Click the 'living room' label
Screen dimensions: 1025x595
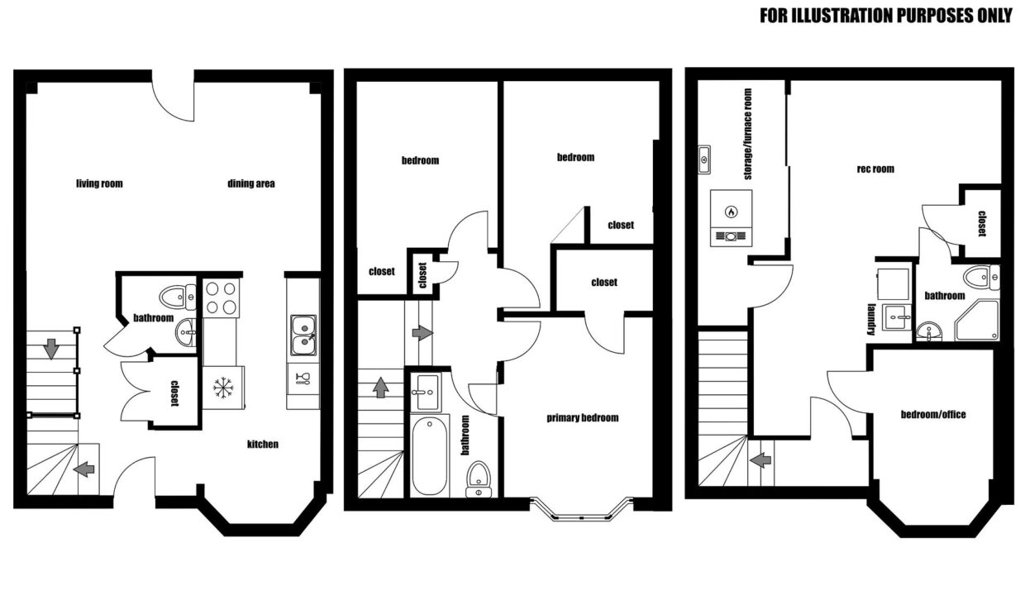pyautogui.click(x=99, y=183)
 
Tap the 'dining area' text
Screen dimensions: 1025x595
pyautogui.click(x=251, y=183)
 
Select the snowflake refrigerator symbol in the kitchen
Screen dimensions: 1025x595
pyautogui.click(x=223, y=388)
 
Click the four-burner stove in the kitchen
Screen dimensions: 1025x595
pyautogui.click(x=221, y=297)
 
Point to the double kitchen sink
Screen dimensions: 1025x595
pyautogui.click(x=303, y=336)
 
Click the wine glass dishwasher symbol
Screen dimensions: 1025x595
pyautogui.click(x=303, y=378)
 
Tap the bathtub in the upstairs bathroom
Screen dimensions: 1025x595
pyautogui.click(x=429, y=456)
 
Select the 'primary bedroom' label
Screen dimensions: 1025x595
pyautogui.click(x=583, y=417)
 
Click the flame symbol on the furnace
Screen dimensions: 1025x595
pyautogui.click(x=732, y=212)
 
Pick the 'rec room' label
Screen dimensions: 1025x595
pyautogui.click(x=875, y=169)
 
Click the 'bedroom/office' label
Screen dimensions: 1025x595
pyautogui.click(x=933, y=414)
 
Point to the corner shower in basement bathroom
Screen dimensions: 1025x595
pyautogui.click(x=977, y=320)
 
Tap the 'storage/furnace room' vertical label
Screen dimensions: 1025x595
pyautogui.click(x=748, y=134)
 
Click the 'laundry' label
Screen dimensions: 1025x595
pyautogui.click(x=871, y=319)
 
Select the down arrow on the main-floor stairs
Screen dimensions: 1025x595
pyautogui.click(x=50, y=349)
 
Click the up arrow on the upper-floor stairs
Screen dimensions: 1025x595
pyautogui.click(x=381, y=388)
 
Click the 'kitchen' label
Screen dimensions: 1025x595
pyautogui.click(x=263, y=444)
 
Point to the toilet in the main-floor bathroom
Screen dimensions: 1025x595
pyautogui.click(x=178, y=297)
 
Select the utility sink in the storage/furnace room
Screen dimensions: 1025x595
pyautogui.click(x=704, y=159)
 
